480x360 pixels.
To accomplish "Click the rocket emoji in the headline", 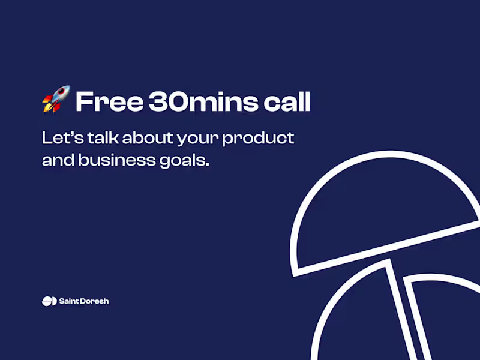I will point(56,100).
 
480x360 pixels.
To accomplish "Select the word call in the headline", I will point(287,102).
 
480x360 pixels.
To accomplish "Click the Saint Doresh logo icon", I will point(49,301).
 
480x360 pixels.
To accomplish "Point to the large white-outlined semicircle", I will point(384,210).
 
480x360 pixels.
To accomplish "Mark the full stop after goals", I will point(208,165).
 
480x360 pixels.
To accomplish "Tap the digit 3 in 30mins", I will point(159,103).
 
